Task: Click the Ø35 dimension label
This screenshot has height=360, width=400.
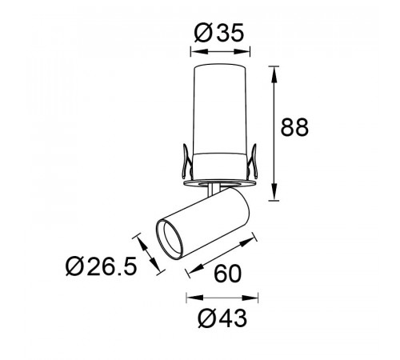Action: click(219, 33)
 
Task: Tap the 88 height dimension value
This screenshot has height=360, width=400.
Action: click(294, 127)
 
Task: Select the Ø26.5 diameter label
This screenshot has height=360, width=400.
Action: click(102, 266)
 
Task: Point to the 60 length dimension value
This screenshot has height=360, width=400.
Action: click(228, 274)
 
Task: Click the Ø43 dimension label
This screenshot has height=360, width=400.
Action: click(222, 318)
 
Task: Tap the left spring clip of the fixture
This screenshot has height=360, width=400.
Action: click(186, 162)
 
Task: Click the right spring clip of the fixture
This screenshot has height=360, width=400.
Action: click(252, 162)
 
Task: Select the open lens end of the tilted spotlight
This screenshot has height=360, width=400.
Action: click(170, 239)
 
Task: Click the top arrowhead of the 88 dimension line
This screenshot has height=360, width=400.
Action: click(274, 74)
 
